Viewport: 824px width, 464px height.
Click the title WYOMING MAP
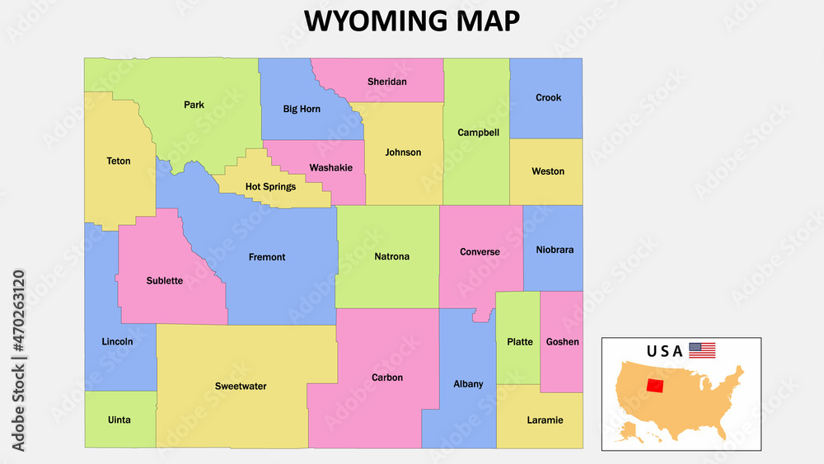click(412, 21)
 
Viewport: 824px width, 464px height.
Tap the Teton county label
click(119, 161)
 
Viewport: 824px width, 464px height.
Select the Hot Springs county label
click(270, 187)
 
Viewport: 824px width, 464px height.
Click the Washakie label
click(330, 167)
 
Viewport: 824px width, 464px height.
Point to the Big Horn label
click(302, 109)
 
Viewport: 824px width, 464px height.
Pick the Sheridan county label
click(386, 82)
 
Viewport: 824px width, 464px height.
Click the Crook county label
click(548, 97)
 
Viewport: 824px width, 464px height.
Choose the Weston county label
click(548, 171)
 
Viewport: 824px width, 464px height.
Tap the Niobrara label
click(555, 250)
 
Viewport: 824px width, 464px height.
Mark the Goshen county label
click(562, 342)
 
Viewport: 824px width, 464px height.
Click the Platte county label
click(520, 342)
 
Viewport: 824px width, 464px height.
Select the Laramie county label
click(545, 420)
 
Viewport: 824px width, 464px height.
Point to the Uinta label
click(119, 420)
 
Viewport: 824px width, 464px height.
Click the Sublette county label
click(165, 281)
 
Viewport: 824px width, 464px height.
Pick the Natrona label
click(391, 257)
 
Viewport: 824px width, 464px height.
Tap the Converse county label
click(480, 252)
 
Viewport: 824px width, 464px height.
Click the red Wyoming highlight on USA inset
click(656, 386)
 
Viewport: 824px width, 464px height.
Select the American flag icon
click(702, 350)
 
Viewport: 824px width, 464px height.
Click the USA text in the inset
click(664, 351)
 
